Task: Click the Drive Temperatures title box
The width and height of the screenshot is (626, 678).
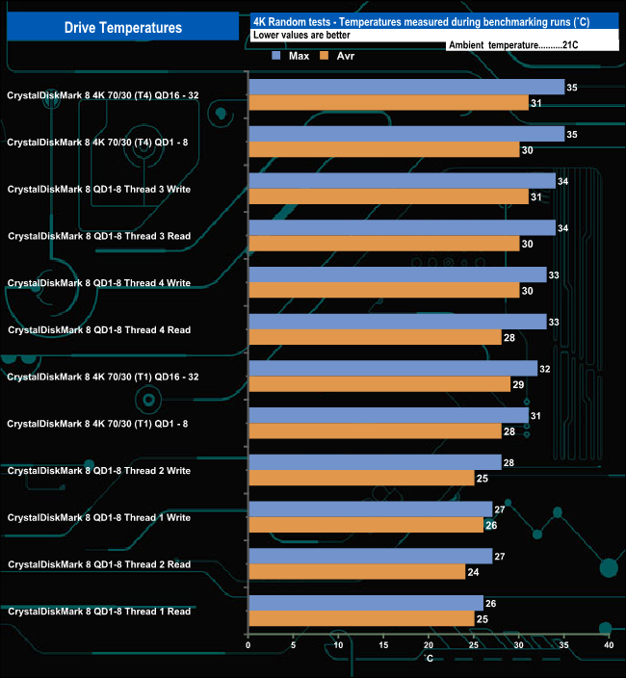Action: tap(122, 28)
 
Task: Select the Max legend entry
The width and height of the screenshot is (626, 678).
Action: tap(291, 55)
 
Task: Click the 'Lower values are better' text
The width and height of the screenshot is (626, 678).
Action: tap(301, 35)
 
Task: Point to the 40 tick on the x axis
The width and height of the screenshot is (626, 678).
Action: tap(609, 645)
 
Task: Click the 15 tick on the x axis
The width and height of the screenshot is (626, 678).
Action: tap(383, 645)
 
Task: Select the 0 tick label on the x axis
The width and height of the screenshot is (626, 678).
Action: tap(248, 645)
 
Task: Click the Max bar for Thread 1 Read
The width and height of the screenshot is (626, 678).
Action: tap(366, 603)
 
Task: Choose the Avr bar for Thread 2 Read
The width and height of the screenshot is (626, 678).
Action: tap(356, 571)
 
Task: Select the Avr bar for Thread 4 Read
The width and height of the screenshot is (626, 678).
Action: tap(375, 337)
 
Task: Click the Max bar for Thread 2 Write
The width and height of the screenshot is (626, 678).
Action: tap(375, 462)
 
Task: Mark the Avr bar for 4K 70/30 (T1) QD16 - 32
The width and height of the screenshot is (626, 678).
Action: tap(379, 383)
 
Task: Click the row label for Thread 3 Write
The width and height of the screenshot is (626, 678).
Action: tap(98, 190)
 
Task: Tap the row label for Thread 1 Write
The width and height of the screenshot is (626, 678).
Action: tap(98, 517)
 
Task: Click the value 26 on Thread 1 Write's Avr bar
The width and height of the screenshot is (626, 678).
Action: tap(490, 525)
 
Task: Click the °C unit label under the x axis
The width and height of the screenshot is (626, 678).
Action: tap(430, 659)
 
